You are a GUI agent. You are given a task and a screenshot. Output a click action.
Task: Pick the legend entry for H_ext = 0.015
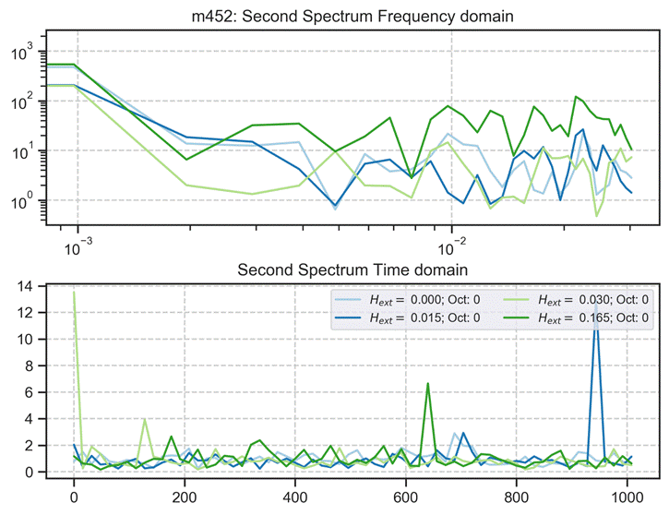399,317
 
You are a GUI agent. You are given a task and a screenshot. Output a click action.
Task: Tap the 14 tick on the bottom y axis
30,287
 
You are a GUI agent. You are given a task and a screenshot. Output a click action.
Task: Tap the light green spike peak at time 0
74,293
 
